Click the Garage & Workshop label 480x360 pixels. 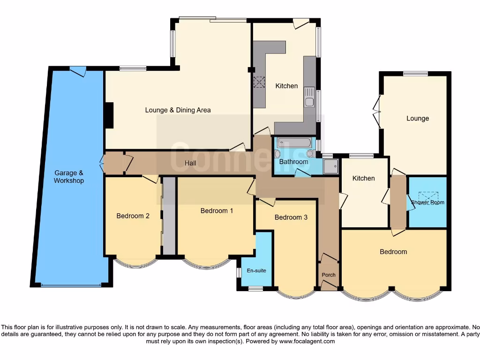click(x=68, y=177)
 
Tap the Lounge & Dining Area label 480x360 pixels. click(x=178, y=110)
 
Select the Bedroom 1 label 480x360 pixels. click(x=217, y=210)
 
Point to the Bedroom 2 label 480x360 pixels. click(x=133, y=216)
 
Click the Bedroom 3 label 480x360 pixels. click(x=291, y=217)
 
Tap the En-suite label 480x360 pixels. click(x=256, y=270)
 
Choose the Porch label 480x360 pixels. click(x=329, y=275)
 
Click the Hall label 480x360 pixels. click(x=190, y=163)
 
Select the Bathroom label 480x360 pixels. click(x=293, y=162)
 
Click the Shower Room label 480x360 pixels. click(x=427, y=202)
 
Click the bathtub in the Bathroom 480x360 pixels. click(x=294, y=142)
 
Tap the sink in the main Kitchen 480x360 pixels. click(x=309, y=97)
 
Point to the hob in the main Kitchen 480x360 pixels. click(x=259, y=82)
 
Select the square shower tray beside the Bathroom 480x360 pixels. click(x=330, y=166)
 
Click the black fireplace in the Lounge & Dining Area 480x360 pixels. click(x=109, y=115)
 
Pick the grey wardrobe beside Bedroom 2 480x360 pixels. click(x=169, y=216)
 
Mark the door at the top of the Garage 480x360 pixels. click(x=77, y=71)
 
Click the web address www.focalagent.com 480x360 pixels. click(x=307, y=341)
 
